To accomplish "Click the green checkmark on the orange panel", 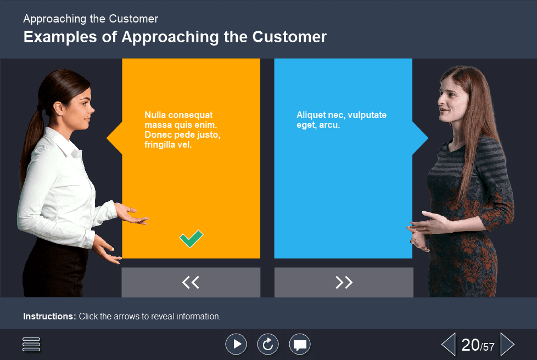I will click(x=191, y=239).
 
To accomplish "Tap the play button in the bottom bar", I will click(x=236, y=344).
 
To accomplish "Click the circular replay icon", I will click(x=268, y=344).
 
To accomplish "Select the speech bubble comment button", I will click(x=300, y=345).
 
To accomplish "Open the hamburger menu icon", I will click(x=32, y=345).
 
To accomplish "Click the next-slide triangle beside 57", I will click(x=507, y=345).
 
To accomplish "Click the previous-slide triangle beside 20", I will click(x=449, y=345).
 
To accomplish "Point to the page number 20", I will click(x=471, y=345).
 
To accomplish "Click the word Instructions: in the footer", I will click(x=49, y=317).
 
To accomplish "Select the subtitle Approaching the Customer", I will click(x=91, y=19).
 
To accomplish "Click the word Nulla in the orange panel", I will click(x=155, y=115).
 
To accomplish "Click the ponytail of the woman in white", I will click(x=34, y=132).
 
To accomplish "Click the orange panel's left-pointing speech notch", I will click(x=114, y=138).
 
